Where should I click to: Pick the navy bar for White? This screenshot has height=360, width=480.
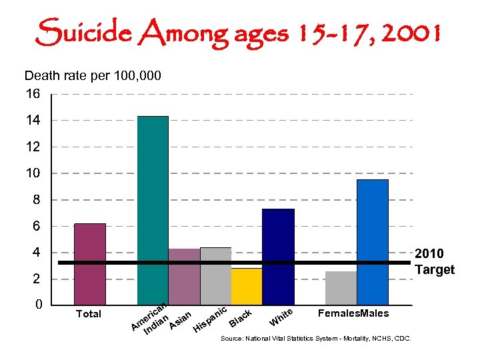(278, 257)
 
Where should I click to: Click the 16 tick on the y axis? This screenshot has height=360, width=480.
(33, 94)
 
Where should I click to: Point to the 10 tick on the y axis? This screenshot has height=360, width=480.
(33, 173)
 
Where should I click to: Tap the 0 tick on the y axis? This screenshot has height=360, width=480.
(39, 305)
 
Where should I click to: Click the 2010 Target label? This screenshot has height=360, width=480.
(434, 261)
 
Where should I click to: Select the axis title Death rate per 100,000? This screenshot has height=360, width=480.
(93, 76)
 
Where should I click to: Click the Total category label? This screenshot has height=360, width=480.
(89, 314)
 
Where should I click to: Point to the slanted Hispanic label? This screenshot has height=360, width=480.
(211, 319)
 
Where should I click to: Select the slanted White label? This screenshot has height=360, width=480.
(281, 317)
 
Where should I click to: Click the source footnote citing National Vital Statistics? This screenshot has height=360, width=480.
(316, 339)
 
